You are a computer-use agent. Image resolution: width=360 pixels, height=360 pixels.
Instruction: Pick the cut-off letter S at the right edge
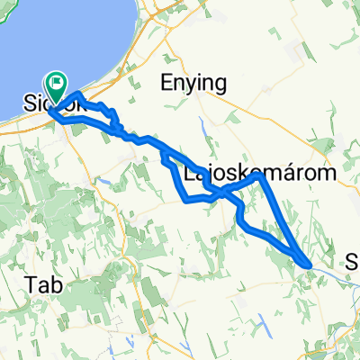pyautogui.click(x=353, y=262)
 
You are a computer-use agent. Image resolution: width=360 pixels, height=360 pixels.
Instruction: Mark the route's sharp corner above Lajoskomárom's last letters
pyautogui.click(x=260, y=176)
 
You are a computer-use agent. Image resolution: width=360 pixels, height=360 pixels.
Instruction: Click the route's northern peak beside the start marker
pyautogui.click(x=79, y=94)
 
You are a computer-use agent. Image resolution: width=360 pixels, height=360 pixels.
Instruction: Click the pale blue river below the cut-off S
pyautogui.click(x=346, y=278)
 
